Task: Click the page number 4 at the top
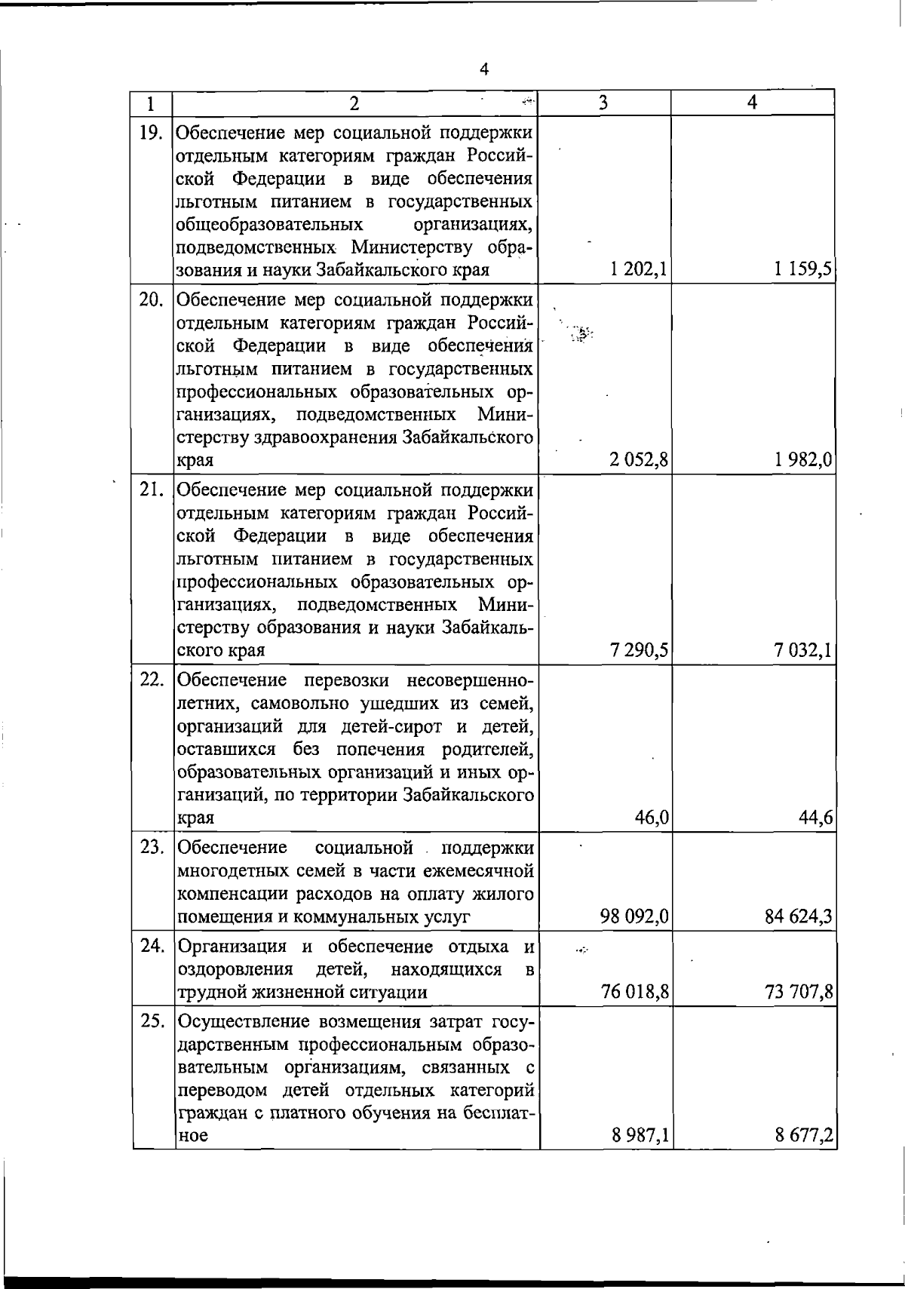tap(484, 69)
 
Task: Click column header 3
tap(603, 103)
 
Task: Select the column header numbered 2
tap(354, 103)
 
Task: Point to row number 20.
tap(152, 300)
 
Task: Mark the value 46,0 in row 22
tap(652, 818)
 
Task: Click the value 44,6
tap(816, 818)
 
